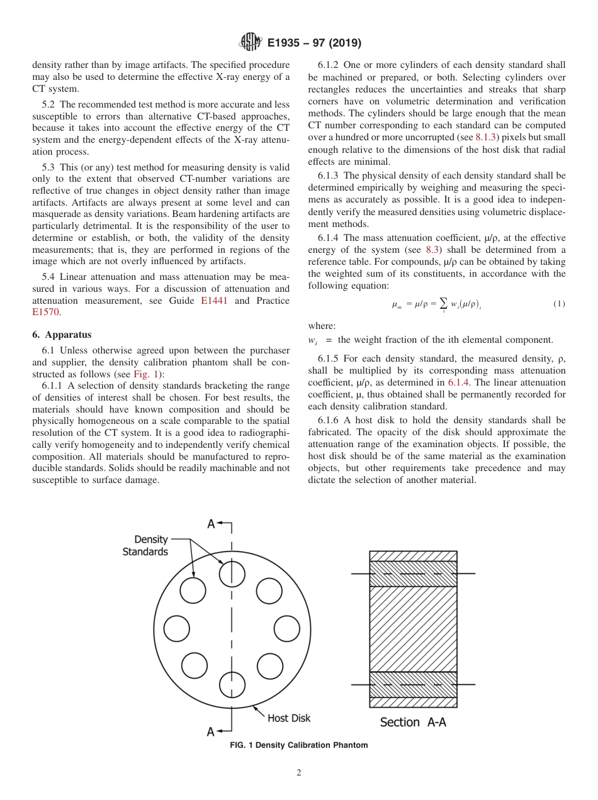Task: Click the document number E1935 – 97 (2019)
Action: [313, 43]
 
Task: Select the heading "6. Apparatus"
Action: [62, 335]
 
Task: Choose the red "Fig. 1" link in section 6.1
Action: [144, 374]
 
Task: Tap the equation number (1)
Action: [559, 304]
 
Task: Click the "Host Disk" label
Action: [289, 718]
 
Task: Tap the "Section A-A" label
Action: [413, 722]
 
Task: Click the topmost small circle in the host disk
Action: [232, 573]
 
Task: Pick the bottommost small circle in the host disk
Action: [232, 684]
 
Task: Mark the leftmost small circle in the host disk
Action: [176, 629]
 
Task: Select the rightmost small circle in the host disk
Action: [287, 629]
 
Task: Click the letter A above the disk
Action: [212, 524]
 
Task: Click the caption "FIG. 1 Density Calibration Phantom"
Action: [299, 745]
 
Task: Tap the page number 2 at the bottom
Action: [299, 773]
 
